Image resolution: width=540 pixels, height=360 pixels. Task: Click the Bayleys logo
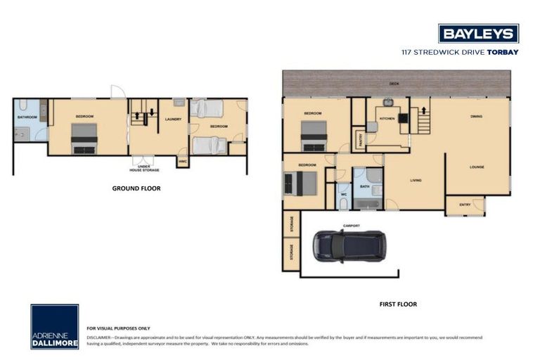(x=478, y=33)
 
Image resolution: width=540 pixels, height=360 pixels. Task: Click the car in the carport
(x=349, y=246)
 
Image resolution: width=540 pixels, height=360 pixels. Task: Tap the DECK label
(x=394, y=84)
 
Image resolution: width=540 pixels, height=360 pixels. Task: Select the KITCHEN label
(x=387, y=119)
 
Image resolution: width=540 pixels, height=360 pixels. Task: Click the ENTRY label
(x=465, y=205)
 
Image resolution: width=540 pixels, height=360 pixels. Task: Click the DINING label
(x=476, y=116)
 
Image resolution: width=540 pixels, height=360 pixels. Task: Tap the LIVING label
(x=416, y=181)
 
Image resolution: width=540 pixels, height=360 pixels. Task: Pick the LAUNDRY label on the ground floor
(x=173, y=119)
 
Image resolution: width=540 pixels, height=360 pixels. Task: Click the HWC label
(x=182, y=161)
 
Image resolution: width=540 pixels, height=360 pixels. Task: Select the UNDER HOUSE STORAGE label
(x=144, y=167)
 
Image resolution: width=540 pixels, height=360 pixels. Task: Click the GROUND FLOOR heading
(x=136, y=188)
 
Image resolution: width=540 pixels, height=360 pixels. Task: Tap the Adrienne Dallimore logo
(x=54, y=326)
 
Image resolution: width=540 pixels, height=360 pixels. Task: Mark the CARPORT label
(x=351, y=226)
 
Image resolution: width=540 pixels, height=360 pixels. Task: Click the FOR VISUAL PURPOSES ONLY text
(x=118, y=328)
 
